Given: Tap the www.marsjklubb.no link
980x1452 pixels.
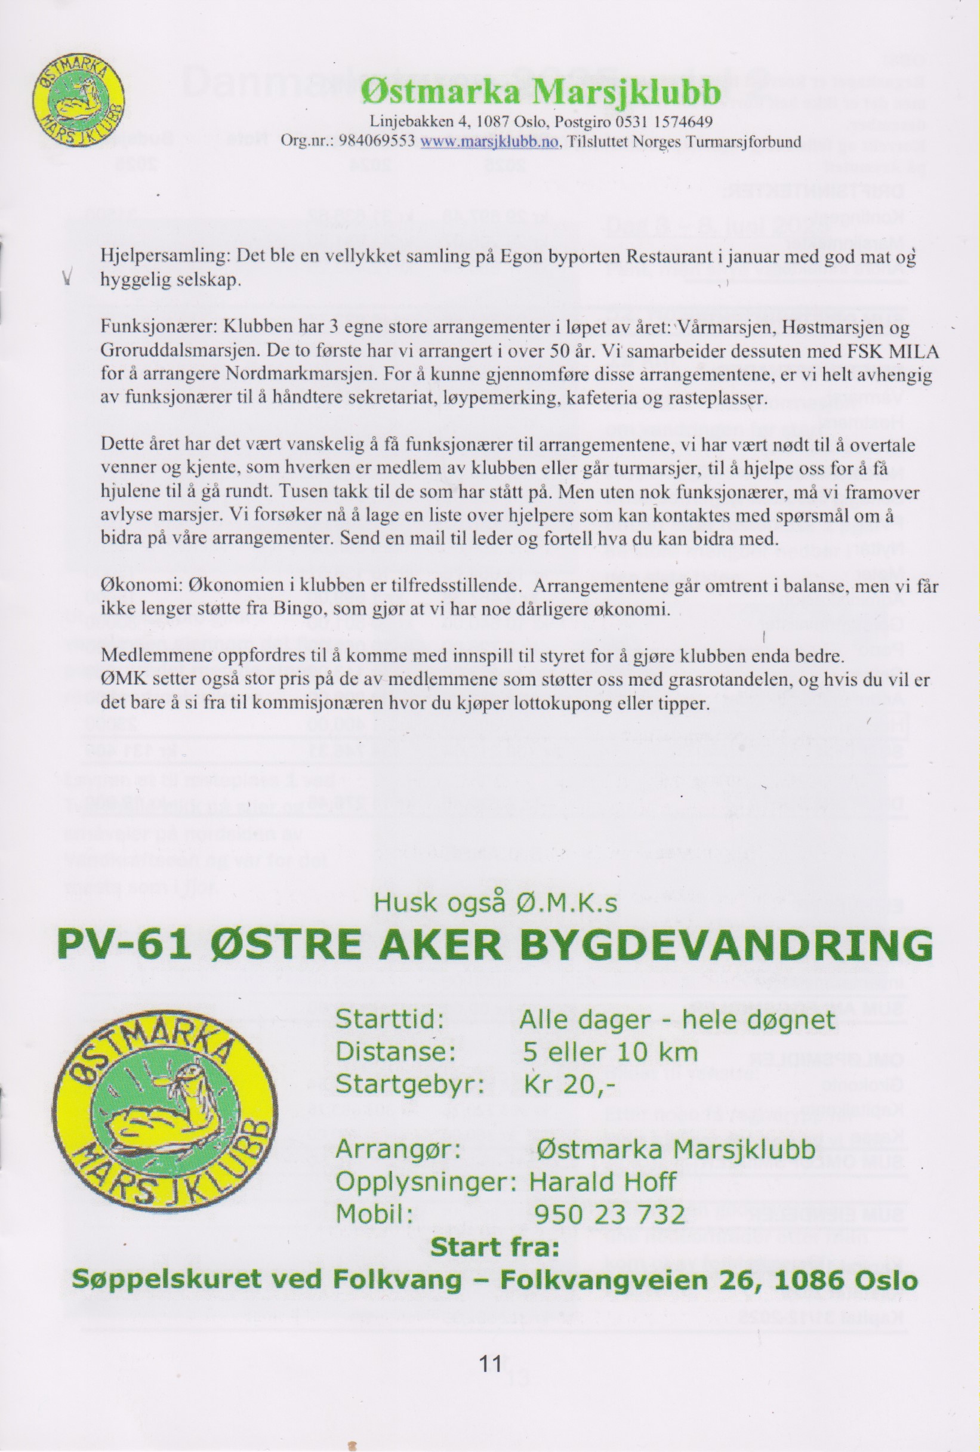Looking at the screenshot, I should [489, 142].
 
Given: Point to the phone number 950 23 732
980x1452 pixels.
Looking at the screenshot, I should [609, 1214].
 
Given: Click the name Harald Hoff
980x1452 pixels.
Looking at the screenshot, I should [602, 1182].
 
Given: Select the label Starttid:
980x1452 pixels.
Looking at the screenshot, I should [390, 1020].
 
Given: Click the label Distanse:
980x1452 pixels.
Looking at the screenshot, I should [395, 1052].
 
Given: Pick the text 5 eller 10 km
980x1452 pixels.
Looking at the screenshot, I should [610, 1052].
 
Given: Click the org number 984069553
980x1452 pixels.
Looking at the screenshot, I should [377, 142].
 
